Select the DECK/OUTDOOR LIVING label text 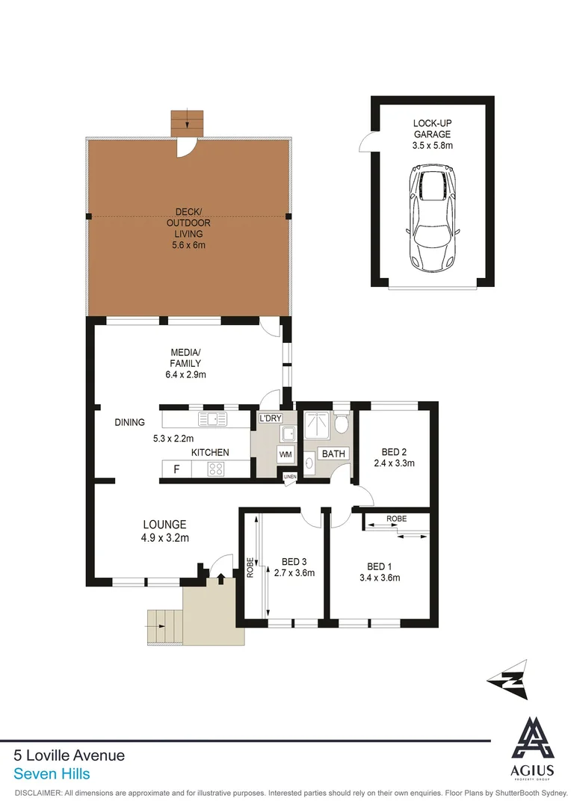tap(188, 223)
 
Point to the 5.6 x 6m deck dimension tap(188, 244)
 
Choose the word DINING tap(129, 422)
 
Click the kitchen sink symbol tap(212, 418)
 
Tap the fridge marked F tap(176, 469)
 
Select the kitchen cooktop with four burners tap(217, 469)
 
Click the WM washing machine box tap(285, 454)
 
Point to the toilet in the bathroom tap(342, 424)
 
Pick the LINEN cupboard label tap(289, 477)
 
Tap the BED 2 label tap(393, 452)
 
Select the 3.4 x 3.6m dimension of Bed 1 tap(380, 578)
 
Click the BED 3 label tap(294, 562)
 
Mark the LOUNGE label tap(165, 525)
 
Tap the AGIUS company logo tap(532, 747)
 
